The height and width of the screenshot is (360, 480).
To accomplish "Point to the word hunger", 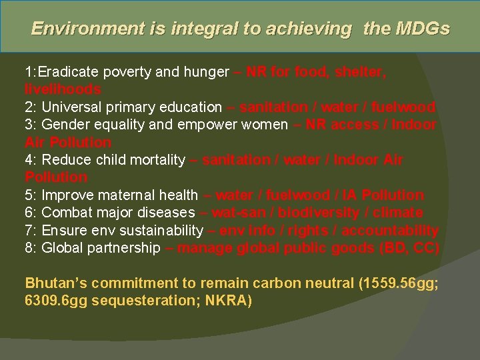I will pos(205,72).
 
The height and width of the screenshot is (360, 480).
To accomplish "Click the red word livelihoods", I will pos(63,89).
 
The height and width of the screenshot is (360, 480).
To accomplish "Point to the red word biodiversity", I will pos(320,213).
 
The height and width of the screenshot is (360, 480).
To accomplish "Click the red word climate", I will pos(399,213).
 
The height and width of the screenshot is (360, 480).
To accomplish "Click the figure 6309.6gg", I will pos(56,301).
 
